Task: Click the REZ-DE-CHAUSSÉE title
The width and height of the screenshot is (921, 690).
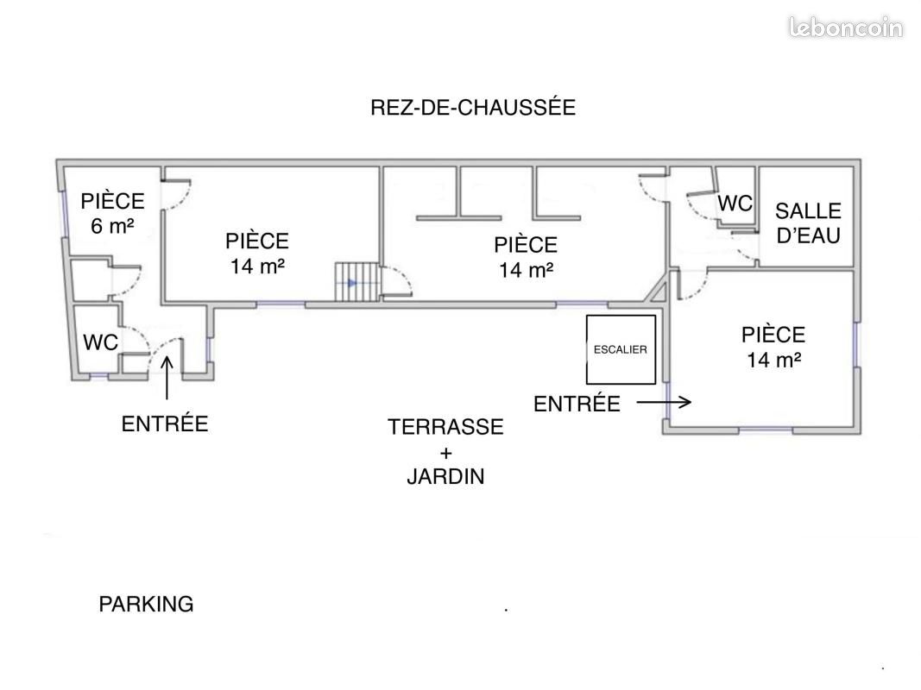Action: click(x=473, y=107)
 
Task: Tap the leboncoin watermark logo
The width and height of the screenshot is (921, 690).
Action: click(x=845, y=28)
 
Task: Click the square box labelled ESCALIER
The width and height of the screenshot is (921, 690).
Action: click(x=621, y=349)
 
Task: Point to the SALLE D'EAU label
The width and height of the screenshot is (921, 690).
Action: click(x=808, y=223)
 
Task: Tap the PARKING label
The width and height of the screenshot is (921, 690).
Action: click(x=146, y=604)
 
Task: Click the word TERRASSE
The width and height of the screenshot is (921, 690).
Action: click(x=445, y=427)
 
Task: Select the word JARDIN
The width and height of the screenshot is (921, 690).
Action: click(x=445, y=476)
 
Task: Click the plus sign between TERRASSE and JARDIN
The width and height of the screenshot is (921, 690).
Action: click(x=445, y=453)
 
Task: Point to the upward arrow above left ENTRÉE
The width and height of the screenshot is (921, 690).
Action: click(x=167, y=378)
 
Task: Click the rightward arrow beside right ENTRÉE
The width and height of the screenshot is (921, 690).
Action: click(x=665, y=403)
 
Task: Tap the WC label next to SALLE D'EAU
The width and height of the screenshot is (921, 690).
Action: click(x=735, y=204)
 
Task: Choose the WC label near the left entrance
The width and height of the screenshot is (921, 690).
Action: click(x=100, y=342)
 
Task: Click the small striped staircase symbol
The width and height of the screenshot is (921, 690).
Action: click(x=357, y=282)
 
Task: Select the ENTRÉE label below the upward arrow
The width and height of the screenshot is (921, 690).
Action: click(x=165, y=423)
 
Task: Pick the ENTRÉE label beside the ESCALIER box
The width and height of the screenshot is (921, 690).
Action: click(x=577, y=404)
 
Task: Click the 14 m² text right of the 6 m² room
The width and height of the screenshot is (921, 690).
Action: click(x=257, y=267)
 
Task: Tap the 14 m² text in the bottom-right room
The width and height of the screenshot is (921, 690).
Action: click(x=773, y=360)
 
